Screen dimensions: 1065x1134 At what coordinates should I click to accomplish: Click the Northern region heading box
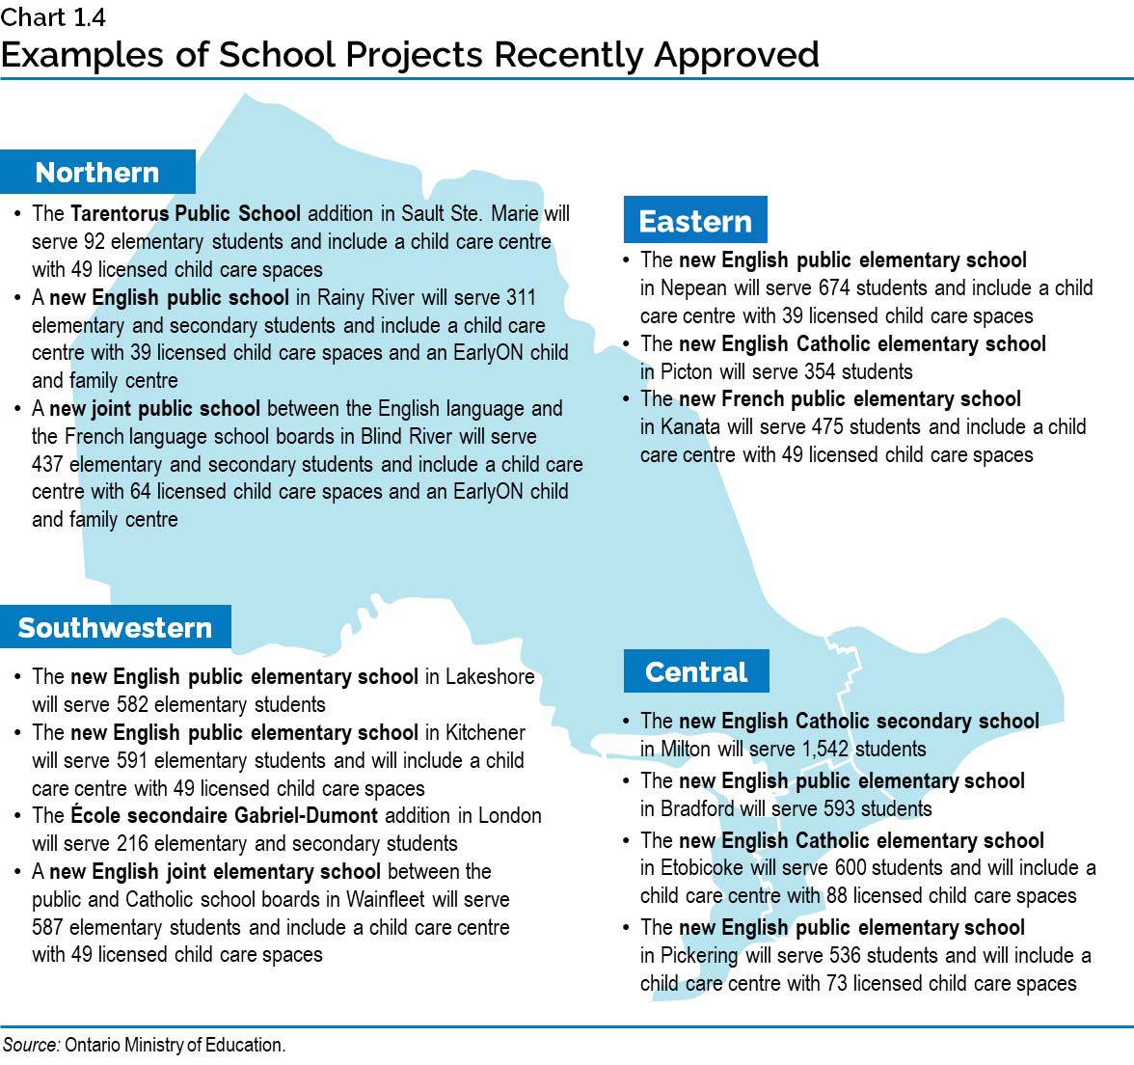97,173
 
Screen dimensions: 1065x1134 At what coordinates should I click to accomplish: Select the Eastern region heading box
695,221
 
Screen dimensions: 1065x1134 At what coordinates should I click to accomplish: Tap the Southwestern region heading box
115,628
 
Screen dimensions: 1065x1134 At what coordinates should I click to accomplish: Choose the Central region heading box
696,671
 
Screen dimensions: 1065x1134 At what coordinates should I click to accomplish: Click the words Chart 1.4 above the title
53,16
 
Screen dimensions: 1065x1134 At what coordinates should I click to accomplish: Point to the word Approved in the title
737,55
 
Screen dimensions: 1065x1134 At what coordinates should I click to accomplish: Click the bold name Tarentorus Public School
185,213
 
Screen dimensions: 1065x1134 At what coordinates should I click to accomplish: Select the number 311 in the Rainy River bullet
521,297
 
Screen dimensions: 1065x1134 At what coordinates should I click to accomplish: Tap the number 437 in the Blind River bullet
48,464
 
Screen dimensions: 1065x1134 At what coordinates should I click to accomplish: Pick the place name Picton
687,371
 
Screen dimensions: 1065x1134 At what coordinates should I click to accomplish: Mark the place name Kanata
689,426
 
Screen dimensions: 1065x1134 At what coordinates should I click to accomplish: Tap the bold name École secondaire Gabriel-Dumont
225,815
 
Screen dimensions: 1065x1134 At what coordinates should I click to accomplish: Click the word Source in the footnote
30,1045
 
